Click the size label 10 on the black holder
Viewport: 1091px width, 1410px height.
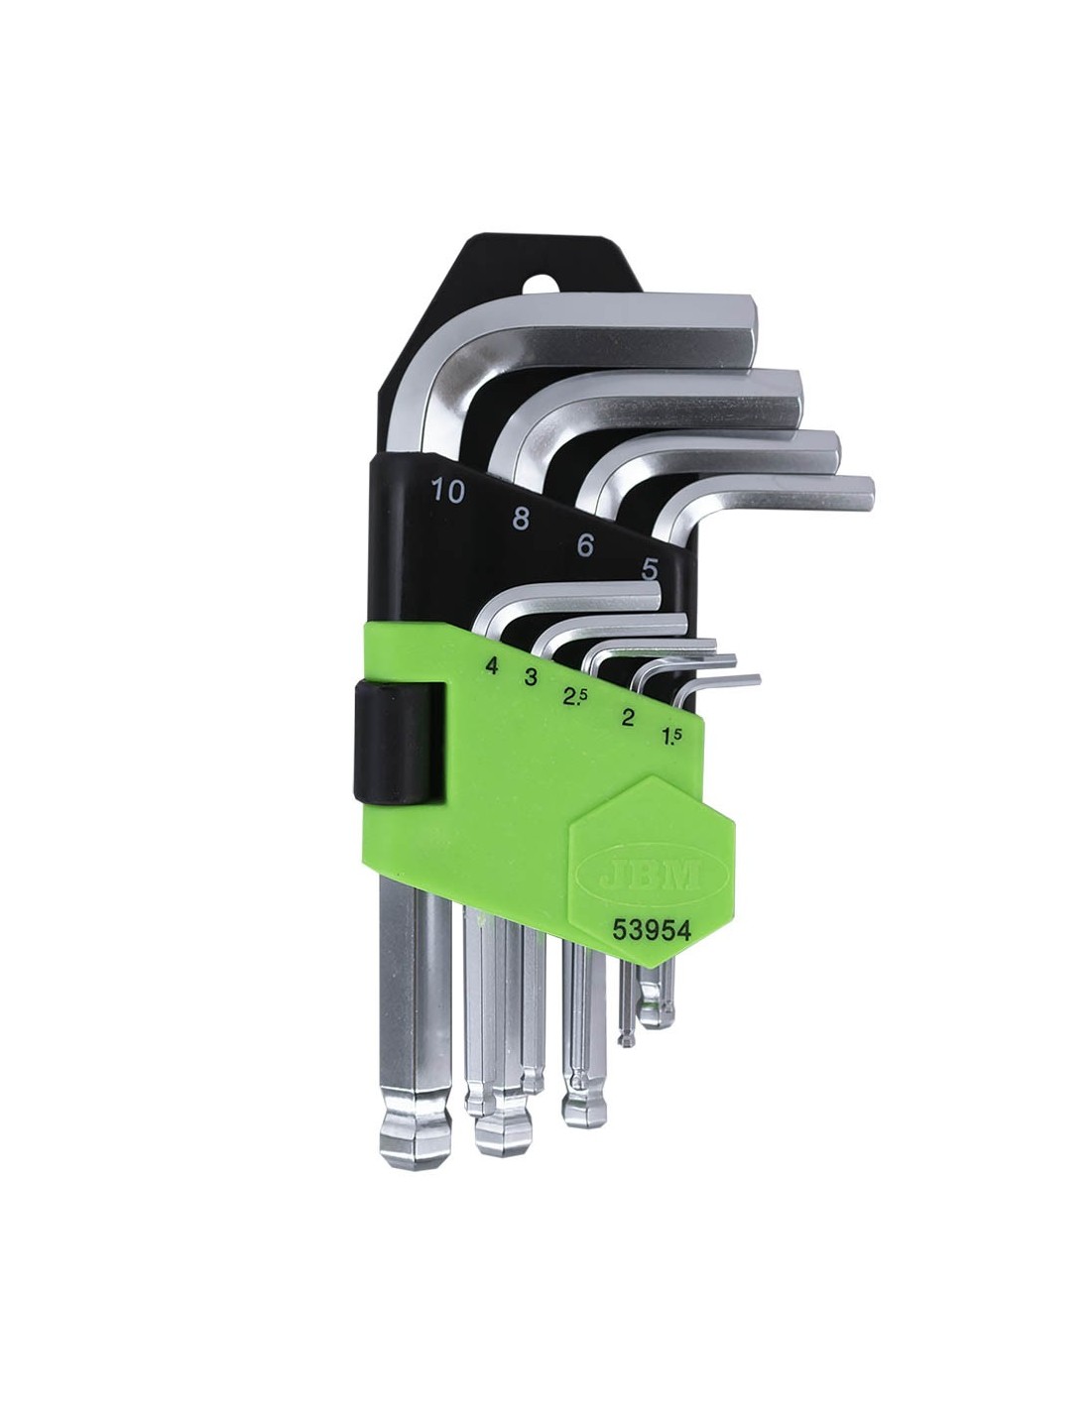tap(448, 492)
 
